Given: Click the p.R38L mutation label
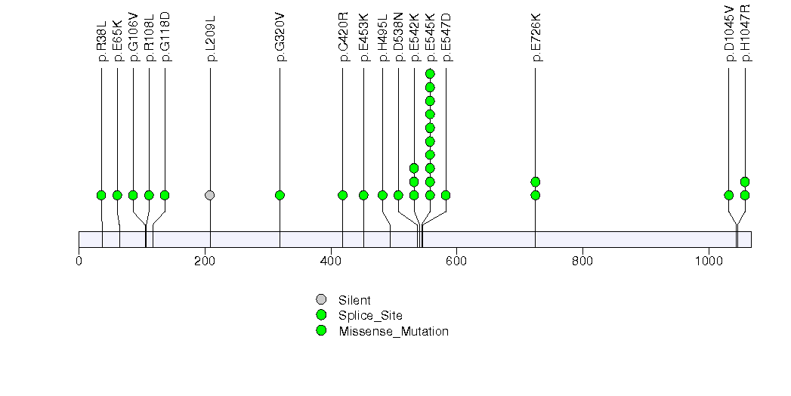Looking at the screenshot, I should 101,46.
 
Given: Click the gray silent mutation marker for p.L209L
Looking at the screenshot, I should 210,195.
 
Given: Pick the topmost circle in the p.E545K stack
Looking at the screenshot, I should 430,73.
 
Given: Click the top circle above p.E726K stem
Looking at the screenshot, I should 536,181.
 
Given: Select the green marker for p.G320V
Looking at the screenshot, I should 280,195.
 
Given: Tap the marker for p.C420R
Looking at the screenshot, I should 343,195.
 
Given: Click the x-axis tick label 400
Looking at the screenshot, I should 331,261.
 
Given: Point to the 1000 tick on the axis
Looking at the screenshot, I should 709,261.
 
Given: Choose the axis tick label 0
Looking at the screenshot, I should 79,261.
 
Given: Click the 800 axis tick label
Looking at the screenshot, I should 582,261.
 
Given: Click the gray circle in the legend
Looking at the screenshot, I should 321,300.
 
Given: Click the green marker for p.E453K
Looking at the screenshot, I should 363,195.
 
